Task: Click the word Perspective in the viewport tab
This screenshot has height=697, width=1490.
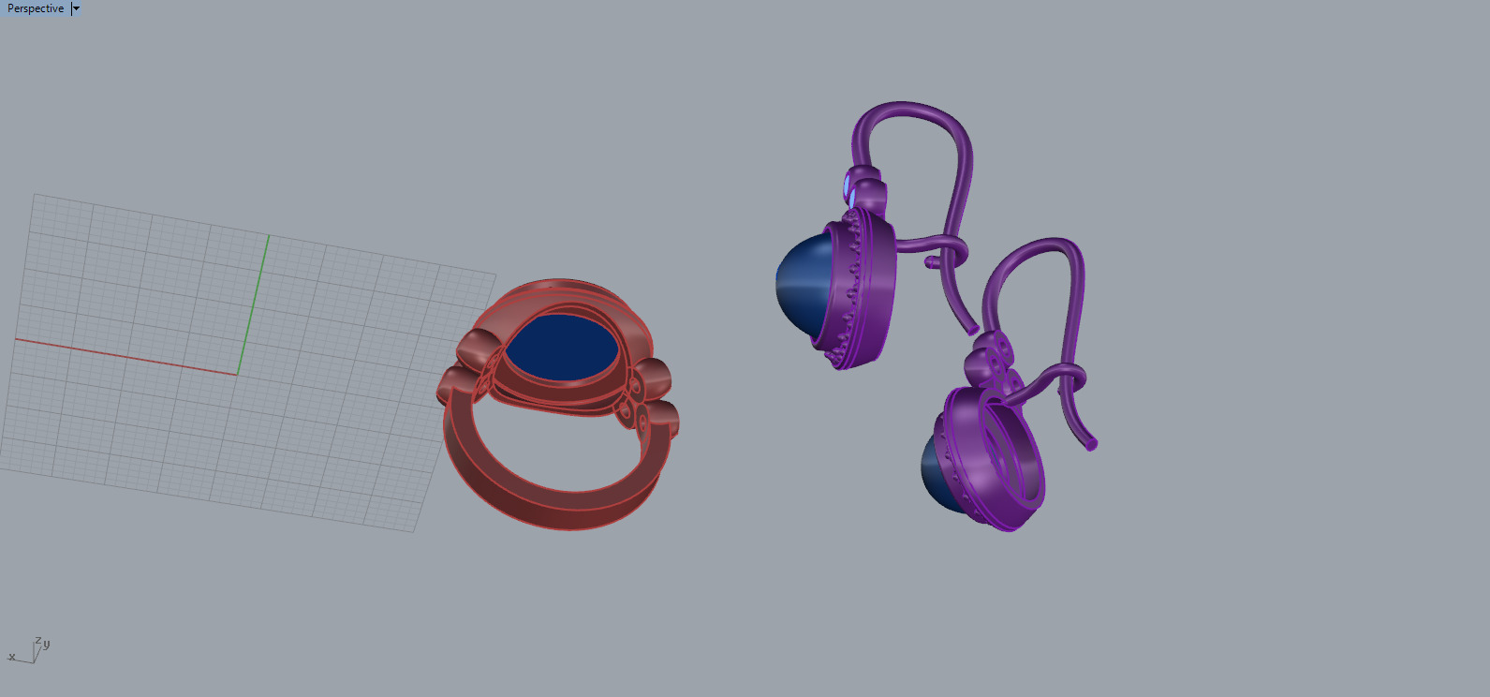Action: tap(36, 8)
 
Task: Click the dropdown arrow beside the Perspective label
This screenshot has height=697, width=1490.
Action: tap(76, 8)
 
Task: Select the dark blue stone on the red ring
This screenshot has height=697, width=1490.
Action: tap(562, 348)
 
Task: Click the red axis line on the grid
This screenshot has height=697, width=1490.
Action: tap(122, 356)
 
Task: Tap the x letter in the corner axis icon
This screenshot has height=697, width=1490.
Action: tap(11, 657)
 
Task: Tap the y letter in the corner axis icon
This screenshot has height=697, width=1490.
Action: tap(46, 644)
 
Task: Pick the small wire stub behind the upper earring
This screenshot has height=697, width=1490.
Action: tap(932, 263)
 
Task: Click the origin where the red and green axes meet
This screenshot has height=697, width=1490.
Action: tap(238, 374)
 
